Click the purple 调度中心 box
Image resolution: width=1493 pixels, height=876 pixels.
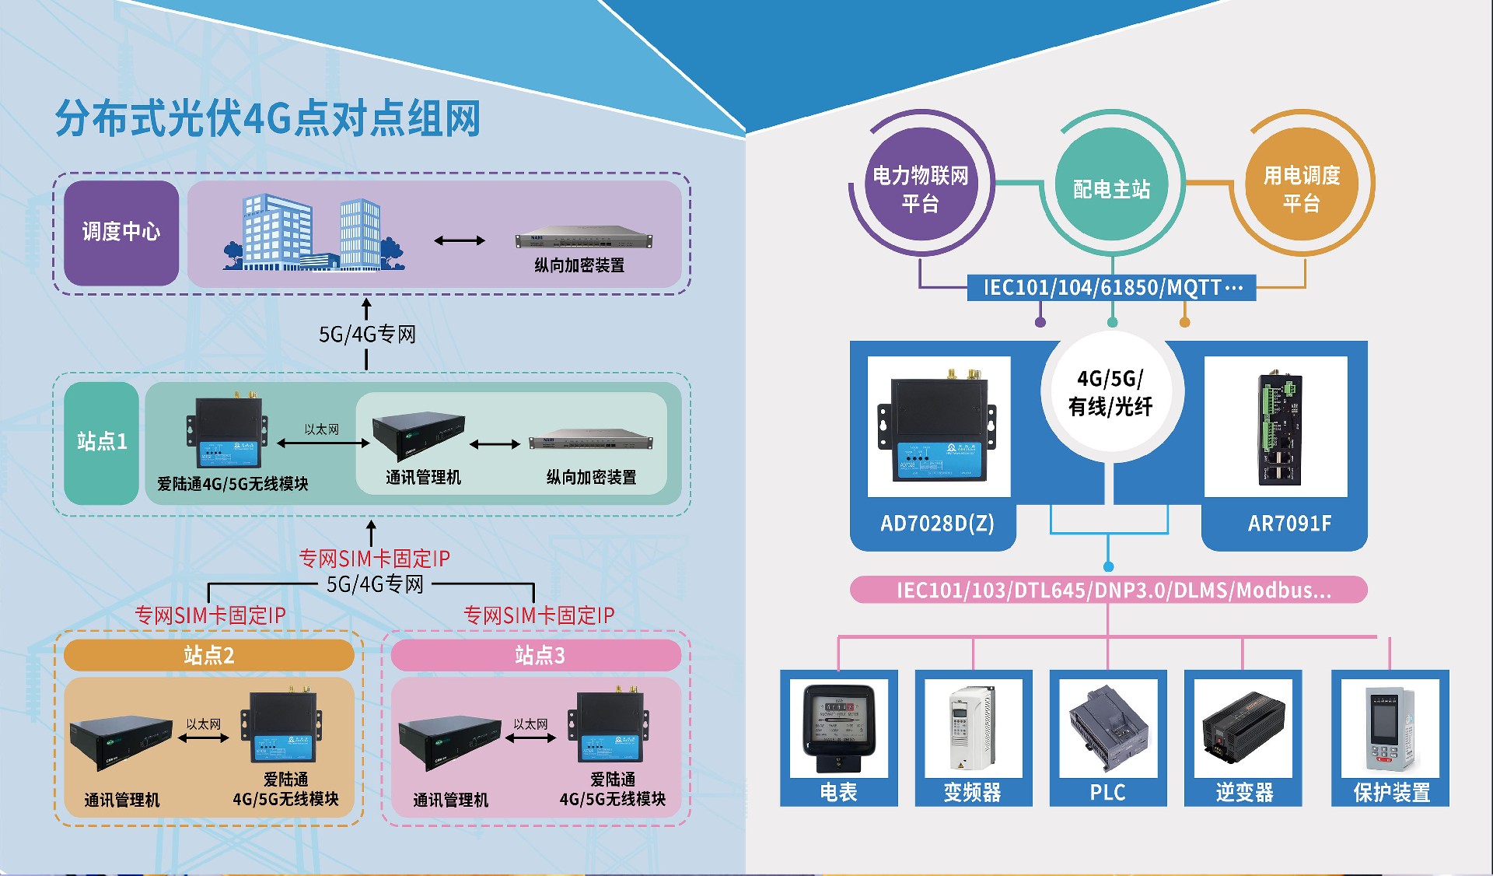click(121, 233)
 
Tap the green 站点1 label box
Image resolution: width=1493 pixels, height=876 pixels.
click(102, 443)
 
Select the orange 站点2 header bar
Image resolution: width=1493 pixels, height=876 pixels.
click(208, 655)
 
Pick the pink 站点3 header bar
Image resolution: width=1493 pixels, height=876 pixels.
click(537, 655)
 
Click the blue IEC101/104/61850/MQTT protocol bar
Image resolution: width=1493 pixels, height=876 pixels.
click(1112, 287)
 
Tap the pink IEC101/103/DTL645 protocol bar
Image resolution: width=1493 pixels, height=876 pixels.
click(1109, 590)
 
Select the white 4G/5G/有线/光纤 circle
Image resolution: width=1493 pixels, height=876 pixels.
click(1112, 392)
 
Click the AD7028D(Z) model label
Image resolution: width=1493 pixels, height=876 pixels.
click(937, 523)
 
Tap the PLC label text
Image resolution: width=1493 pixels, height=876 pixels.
click(1107, 792)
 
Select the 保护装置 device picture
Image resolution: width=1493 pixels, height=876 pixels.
click(1391, 728)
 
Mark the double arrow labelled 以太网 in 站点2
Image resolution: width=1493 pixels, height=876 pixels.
click(204, 738)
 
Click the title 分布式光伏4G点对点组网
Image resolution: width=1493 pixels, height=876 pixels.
click(267, 118)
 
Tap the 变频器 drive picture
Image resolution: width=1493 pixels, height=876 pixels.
click(971, 728)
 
